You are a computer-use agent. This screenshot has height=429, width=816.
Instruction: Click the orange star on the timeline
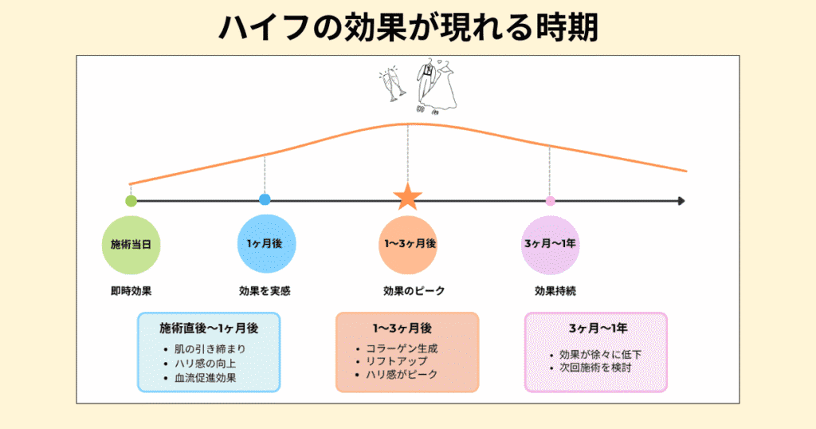point(408,197)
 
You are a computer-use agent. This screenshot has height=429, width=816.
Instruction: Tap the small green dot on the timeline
point(131,200)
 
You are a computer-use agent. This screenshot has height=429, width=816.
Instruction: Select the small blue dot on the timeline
point(265,199)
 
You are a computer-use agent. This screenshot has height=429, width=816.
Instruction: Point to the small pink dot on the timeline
point(550,200)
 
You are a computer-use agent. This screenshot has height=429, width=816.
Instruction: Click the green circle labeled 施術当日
point(131,243)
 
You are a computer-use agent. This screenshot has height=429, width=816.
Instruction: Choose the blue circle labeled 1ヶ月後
point(265,243)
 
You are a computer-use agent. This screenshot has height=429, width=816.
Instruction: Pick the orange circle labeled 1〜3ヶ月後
point(408,243)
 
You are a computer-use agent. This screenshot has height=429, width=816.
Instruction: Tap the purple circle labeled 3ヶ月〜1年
point(550,243)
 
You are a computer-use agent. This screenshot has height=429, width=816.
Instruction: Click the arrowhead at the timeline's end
point(681,201)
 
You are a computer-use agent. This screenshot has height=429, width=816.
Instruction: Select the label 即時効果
point(131,291)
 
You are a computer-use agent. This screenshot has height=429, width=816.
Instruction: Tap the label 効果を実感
point(265,291)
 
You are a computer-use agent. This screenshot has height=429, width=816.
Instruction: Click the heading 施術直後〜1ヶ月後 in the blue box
point(209,328)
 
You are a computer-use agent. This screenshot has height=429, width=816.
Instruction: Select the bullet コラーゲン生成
point(402,348)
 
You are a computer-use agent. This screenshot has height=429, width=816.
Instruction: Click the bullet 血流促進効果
point(205,378)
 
